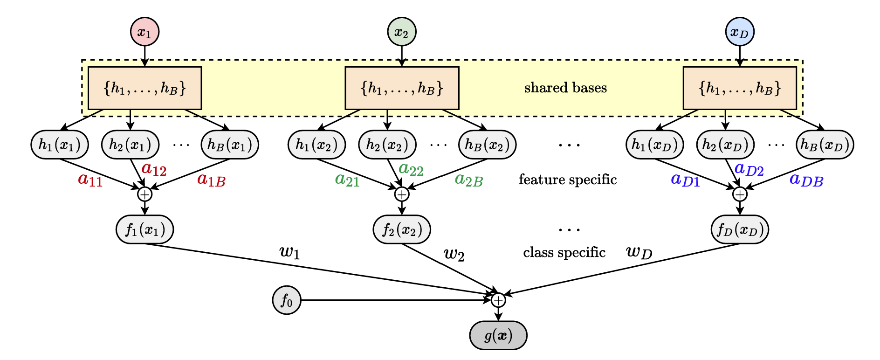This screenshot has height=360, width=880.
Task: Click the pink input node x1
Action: (144, 32)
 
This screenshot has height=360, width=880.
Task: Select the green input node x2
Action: (401, 32)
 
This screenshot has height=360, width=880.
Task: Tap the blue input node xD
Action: (740, 32)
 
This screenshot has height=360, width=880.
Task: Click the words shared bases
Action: (565, 88)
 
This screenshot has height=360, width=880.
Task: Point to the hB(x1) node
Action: (230, 145)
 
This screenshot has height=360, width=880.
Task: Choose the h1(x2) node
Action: (316, 145)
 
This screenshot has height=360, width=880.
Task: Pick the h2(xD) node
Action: (725, 145)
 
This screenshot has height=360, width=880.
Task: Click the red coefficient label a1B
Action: (211, 180)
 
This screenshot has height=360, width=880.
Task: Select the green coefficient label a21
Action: (347, 180)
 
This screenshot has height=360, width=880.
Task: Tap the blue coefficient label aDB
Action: (806, 180)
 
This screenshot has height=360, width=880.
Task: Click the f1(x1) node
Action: (145, 229)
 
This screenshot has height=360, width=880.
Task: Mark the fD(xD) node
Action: (740, 229)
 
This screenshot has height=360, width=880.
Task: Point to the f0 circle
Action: (287, 300)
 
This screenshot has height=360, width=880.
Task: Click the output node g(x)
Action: (498, 335)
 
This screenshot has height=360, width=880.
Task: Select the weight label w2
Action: (454, 254)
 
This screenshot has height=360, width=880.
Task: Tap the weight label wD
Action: (639, 252)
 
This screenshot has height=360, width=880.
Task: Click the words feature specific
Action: (568, 180)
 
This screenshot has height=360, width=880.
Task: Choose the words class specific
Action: (564, 252)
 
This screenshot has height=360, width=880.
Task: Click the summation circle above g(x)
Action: (498, 300)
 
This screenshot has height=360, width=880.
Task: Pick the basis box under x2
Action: (402, 88)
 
